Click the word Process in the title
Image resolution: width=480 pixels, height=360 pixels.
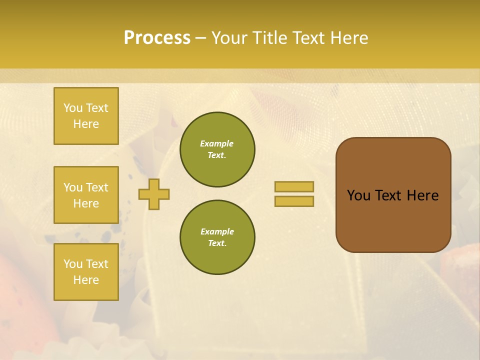tap(157, 38)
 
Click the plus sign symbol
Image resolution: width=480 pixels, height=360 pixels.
tap(154, 194)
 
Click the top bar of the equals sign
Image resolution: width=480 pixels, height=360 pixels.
tap(294, 187)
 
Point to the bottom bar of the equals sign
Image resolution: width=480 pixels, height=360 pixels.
tap(294, 201)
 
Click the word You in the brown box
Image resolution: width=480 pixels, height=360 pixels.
tap(358, 195)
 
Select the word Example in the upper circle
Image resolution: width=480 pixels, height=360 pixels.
tap(217, 143)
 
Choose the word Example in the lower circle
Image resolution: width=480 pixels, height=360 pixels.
tap(217, 231)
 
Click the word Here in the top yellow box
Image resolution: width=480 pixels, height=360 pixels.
tap(86, 124)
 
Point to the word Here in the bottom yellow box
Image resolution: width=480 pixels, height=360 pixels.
tap(86, 280)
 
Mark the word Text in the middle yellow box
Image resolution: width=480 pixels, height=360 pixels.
tap(97, 187)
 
